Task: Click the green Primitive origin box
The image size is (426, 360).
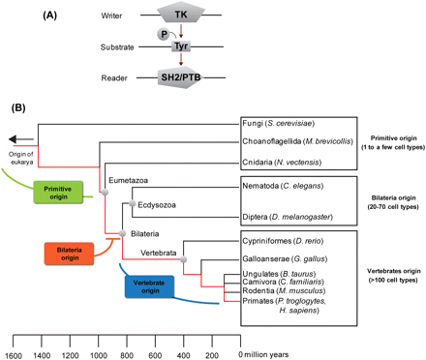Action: (62, 192)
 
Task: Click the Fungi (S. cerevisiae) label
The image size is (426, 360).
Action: (281, 125)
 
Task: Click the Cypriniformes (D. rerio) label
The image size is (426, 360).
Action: (289, 241)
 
